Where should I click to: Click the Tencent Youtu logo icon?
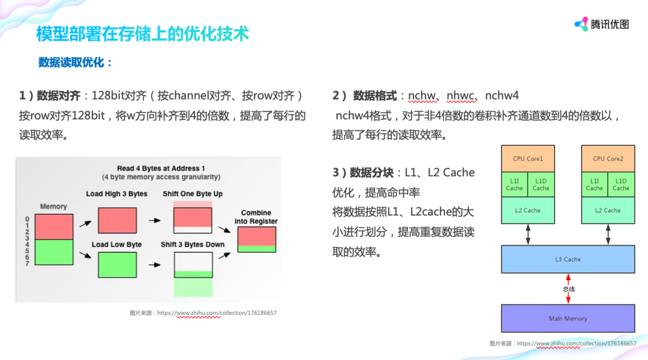[581, 24]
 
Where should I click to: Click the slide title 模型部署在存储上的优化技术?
[142, 34]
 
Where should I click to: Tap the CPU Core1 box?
[528, 158]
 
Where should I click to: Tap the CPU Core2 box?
[608, 158]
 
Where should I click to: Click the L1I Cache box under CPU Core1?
[514, 185]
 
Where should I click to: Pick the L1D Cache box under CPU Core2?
[621, 185]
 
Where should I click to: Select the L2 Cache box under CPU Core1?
[528, 211]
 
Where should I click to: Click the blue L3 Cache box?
[568, 259]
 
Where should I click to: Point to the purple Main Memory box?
[568, 319]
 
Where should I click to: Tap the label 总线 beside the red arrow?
[569, 289]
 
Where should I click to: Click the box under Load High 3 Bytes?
[117, 220]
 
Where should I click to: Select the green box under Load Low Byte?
[117, 265]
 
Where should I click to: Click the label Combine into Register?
[256, 217]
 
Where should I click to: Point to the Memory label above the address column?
[53, 206]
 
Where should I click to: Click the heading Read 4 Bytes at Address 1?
[161, 169]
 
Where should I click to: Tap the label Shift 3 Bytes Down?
[193, 245]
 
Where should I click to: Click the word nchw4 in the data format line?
[502, 95]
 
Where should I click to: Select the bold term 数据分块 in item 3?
[371, 173]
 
